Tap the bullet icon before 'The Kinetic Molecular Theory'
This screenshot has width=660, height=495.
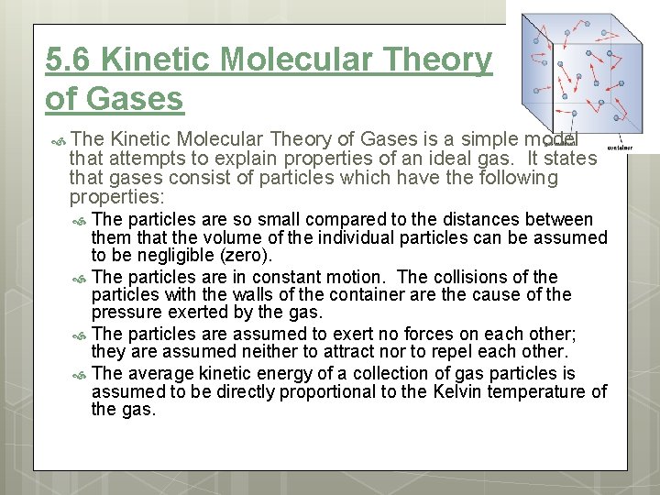click(58, 140)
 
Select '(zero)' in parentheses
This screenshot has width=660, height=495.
click(246, 256)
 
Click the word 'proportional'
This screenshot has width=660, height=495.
click(327, 392)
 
